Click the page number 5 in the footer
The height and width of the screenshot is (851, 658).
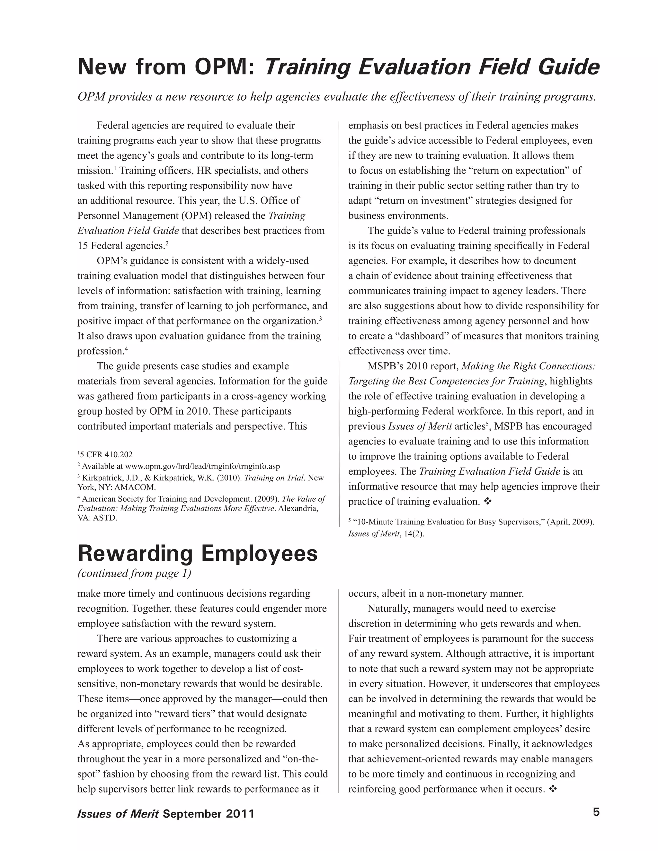click(596, 812)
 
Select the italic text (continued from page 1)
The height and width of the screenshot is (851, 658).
click(135, 573)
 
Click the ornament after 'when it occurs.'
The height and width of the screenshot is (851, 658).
click(552, 789)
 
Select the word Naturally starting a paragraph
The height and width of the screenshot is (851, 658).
click(388, 609)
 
